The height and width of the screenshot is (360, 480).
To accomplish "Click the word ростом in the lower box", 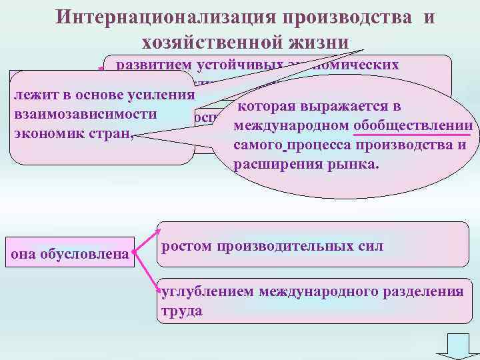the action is pos(183,246).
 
